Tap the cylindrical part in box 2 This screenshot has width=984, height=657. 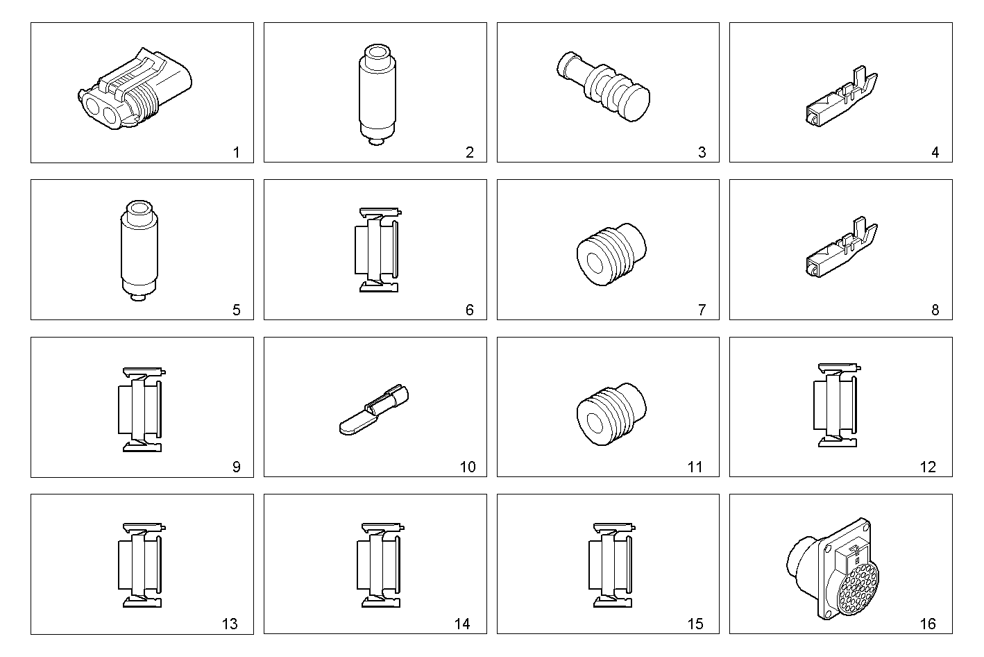[376, 94]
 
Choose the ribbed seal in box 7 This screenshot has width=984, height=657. [611, 255]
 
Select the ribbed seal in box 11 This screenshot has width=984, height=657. [611, 413]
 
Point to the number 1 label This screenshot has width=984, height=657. [236, 153]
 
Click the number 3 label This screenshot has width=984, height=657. [702, 153]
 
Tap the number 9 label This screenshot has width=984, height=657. [236, 467]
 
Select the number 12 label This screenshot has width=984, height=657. [928, 467]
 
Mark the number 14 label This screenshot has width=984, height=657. [462, 624]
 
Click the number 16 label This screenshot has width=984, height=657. [928, 624]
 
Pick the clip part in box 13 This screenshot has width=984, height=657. [143, 564]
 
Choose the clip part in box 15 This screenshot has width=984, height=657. [611, 564]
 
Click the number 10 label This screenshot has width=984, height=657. [468, 467]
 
